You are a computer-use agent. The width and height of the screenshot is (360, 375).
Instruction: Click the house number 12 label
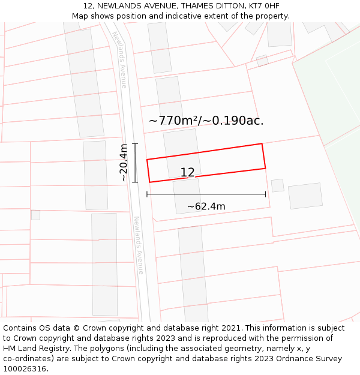tap(187, 173)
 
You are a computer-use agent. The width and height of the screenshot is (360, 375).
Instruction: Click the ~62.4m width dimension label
tap(206, 207)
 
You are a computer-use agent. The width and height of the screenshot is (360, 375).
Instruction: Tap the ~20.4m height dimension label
tap(123, 162)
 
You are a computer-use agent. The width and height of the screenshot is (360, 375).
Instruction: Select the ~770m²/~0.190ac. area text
tap(206, 121)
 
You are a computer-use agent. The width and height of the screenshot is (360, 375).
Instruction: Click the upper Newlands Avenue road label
tap(120, 59)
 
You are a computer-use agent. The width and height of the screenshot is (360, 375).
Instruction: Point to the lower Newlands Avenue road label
tap(139, 245)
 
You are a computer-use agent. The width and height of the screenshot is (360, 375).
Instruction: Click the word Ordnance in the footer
tap(292, 358)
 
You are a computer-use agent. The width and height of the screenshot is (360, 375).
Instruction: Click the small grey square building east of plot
tap(277, 185)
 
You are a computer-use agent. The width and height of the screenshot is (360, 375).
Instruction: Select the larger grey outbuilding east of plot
tap(305, 196)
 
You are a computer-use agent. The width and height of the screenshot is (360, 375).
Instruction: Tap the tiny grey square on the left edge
tap(35, 215)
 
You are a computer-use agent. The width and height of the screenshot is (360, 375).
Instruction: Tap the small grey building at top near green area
tap(262, 61)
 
